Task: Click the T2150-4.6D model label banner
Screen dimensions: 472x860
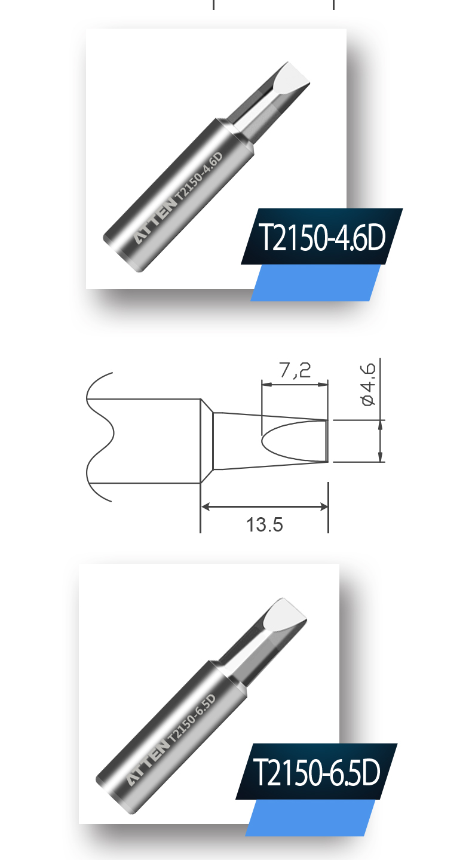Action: tap(322, 236)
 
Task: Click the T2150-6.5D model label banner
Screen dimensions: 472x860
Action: tap(317, 772)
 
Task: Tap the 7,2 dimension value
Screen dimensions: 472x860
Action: tap(295, 370)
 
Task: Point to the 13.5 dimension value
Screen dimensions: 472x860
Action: tap(264, 524)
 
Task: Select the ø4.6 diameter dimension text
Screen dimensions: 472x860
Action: tap(369, 385)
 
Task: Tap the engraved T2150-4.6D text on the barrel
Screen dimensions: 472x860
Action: tap(199, 176)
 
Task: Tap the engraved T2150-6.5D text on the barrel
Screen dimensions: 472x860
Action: tap(191, 718)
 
